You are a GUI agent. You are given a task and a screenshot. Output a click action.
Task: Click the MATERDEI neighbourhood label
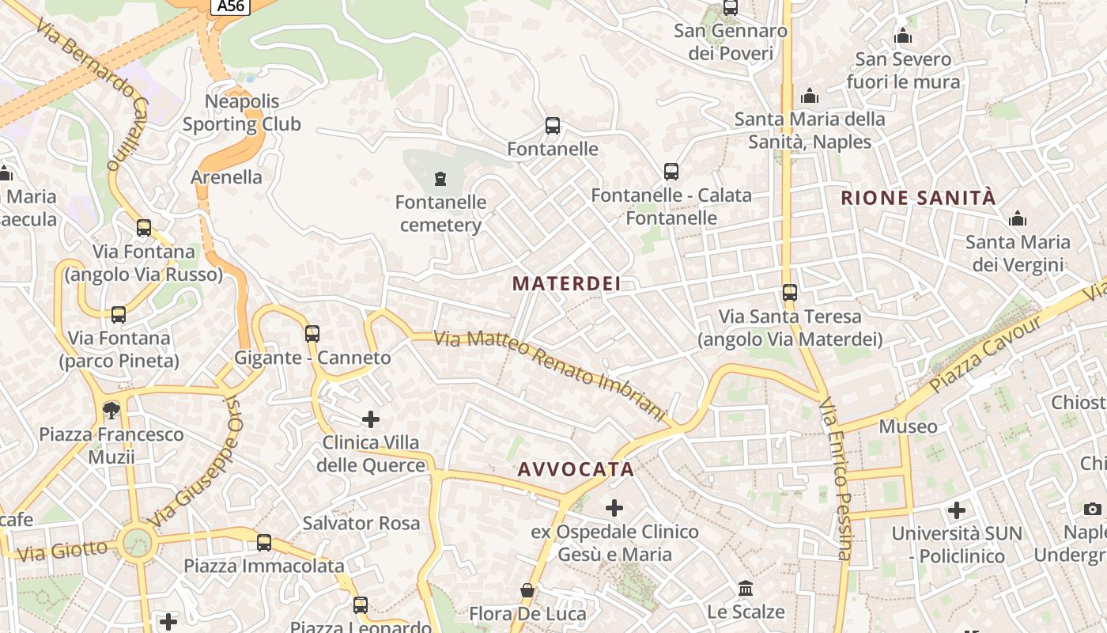pos(566,283)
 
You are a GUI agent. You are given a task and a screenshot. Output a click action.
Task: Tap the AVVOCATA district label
pos(576,469)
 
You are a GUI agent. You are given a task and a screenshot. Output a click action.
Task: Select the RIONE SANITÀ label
pos(918,198)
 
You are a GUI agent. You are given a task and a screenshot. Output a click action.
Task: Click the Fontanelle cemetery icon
pos(440,179)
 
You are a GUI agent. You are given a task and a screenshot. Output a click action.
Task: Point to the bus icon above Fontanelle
pos(553,126)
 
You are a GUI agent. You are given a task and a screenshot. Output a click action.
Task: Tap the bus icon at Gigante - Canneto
pos(312,334)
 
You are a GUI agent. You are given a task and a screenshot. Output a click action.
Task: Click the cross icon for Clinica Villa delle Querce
pos(371,419)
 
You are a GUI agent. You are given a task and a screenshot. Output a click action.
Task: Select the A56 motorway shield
pos(231,6)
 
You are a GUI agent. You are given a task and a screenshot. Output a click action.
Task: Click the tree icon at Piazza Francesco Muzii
pos(111,410)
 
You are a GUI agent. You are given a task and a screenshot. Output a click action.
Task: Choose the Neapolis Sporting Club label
pos(242,112)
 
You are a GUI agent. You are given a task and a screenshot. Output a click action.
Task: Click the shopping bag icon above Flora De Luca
pos(527,590)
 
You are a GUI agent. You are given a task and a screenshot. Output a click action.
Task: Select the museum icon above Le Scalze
pos(746,589)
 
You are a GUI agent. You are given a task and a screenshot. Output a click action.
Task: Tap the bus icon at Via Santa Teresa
pos(789,293)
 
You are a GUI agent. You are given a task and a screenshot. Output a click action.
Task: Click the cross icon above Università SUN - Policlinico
pos(957,510)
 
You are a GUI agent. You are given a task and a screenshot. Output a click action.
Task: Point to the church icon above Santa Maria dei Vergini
pos(1018,218)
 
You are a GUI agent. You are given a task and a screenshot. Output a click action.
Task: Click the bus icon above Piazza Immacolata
pos(264,543)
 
